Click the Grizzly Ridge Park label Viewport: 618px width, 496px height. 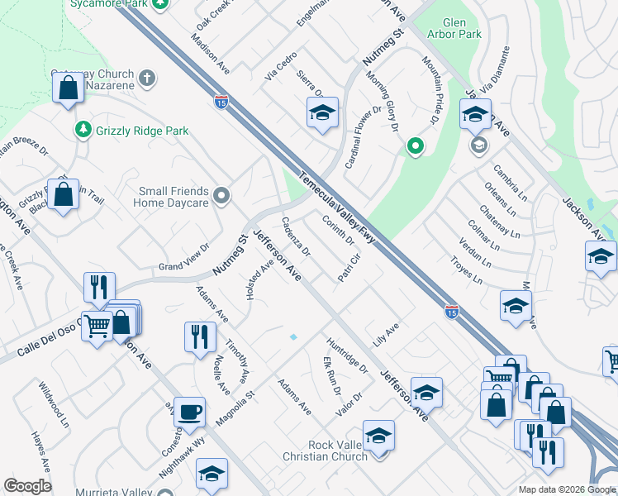click(142, 131)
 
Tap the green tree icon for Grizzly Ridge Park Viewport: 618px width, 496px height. click(83, 130)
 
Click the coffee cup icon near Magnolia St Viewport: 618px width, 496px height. click(190, 411)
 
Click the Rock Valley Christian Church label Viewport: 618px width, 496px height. click(336, 451)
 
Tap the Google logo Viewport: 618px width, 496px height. click(27, 486)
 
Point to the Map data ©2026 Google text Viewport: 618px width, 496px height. click(567, 489)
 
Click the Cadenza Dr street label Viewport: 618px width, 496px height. click(295, 236)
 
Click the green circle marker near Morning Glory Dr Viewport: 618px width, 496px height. click(415, 148)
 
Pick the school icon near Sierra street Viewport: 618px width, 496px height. click(322, 112)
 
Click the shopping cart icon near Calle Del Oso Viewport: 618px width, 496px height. click(97, 328)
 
